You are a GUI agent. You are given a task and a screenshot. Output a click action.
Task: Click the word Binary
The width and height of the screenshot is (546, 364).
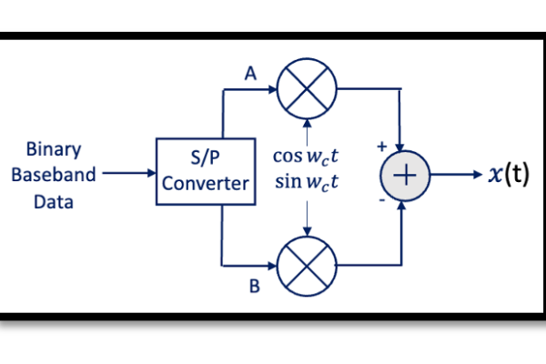54,150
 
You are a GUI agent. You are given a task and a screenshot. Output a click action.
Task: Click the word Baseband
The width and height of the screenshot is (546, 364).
54,175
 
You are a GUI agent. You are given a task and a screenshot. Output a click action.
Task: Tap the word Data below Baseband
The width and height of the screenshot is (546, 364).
54,202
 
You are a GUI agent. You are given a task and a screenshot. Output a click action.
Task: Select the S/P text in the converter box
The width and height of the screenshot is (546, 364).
205,157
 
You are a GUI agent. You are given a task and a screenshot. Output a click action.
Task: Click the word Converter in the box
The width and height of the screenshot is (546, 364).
206,183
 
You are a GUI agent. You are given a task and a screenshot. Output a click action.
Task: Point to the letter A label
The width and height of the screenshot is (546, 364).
251,74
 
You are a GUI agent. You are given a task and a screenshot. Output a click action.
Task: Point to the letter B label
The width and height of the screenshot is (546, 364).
255,287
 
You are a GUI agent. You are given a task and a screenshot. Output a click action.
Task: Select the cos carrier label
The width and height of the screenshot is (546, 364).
306,157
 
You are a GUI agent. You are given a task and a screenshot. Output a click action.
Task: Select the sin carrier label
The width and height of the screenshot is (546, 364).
307,182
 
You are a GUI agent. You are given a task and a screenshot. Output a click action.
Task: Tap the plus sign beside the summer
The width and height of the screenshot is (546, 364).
382,147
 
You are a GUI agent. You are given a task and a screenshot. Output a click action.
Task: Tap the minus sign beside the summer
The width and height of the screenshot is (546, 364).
382,200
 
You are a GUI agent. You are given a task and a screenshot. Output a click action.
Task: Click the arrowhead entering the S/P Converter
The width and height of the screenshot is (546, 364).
152,173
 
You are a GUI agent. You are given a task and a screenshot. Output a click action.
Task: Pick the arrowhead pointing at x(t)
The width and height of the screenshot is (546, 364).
478,174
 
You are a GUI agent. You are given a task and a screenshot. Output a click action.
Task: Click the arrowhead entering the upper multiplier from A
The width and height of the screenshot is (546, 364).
273,89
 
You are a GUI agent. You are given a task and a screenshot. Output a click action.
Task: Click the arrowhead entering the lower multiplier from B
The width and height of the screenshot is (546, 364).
273,266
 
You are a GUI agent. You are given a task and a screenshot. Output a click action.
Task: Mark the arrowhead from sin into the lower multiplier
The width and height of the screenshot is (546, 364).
307,232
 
